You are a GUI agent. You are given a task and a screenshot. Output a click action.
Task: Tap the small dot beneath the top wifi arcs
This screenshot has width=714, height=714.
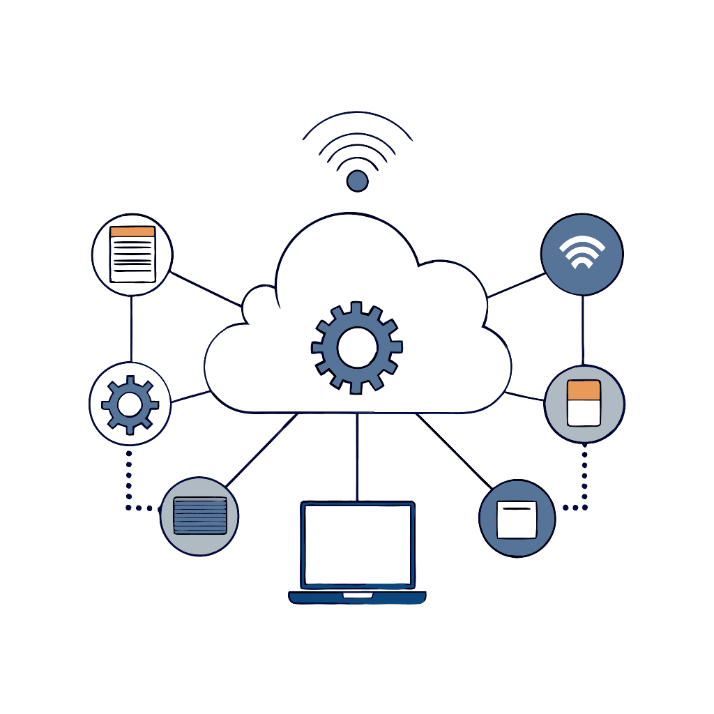[x=357, y=181]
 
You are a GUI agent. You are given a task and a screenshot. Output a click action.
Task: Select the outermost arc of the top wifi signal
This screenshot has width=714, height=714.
[x=357, y=114]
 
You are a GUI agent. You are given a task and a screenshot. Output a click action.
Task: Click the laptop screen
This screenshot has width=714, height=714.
[x=358, y=545]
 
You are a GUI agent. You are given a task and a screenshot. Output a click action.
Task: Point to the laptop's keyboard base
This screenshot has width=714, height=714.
[x=357, y=598]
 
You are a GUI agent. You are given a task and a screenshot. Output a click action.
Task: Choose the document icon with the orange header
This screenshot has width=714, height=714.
[x=132, y=255]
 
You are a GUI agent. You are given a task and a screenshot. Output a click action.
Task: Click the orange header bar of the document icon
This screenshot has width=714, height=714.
[x=132, y=231]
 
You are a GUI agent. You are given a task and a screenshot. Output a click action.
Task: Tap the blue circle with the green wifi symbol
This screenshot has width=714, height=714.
[x=582, y=254]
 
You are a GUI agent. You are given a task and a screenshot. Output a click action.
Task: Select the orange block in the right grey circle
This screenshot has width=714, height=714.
[x=584, y=390]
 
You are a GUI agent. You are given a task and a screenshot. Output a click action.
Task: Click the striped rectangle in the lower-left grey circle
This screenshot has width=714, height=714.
[x=199, y=516]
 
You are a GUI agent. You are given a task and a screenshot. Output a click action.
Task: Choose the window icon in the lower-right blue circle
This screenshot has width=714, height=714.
[x=517, y=519]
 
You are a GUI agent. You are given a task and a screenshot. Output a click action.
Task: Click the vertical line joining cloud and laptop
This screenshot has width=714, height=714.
[x=357, y=457]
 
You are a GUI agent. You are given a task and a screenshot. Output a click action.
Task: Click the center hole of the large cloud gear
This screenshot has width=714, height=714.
[x=357, y=347]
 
